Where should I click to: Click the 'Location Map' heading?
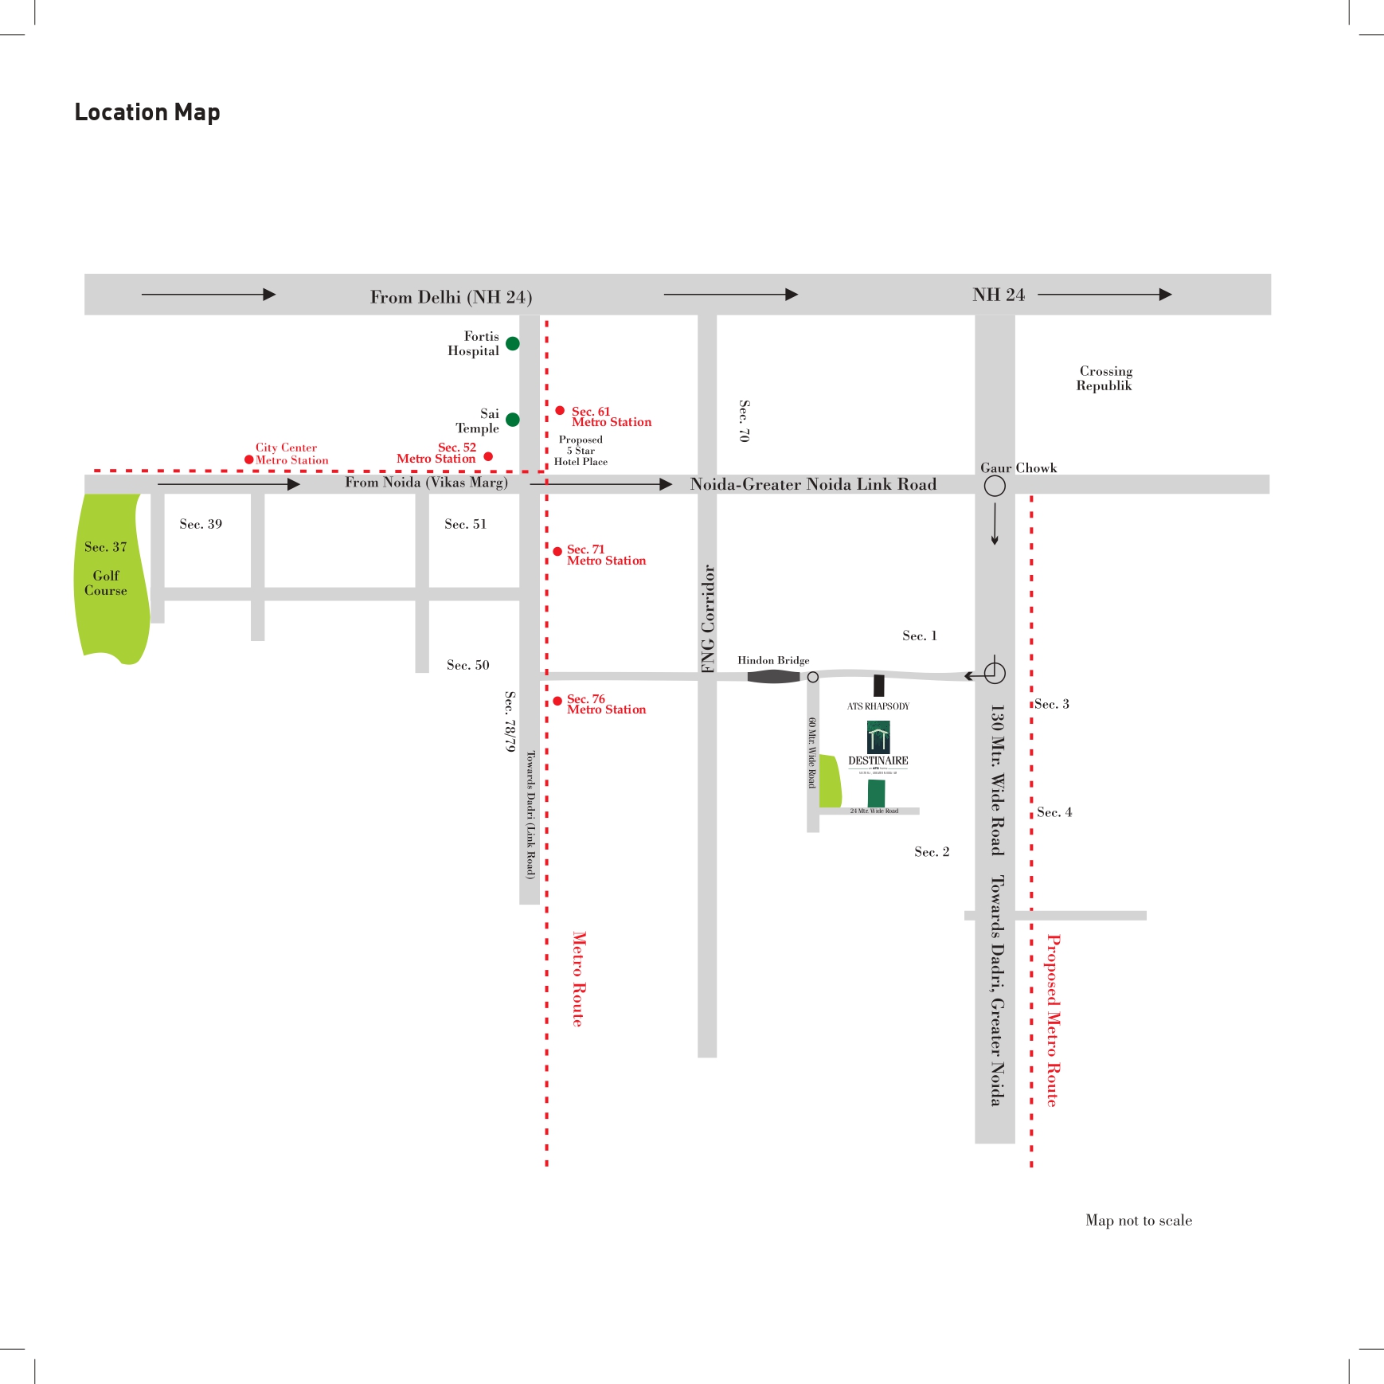[x=147, y=112]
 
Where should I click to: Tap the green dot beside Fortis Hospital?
[x=513, y=343]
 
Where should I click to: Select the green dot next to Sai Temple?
[x=513, y=420]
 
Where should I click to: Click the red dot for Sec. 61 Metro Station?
[x=561, y=411]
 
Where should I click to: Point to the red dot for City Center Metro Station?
[x=249, y=459]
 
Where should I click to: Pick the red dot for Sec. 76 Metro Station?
[x=557, y=701]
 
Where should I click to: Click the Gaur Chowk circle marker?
[x=995, y=486]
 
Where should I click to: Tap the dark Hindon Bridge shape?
[x=773, y=676]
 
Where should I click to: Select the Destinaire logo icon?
[x=878, y=737]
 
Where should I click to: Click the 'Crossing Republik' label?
[x=1104, y=378]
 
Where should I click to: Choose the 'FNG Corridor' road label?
[x=708, y=619]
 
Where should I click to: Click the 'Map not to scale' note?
[x=1138, y=1220]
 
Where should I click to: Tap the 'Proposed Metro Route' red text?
[x=1053, y=1020]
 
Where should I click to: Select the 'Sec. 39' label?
[x=201, y=524]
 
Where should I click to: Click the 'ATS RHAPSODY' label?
[x=878, y=706]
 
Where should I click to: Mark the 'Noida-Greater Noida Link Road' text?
[x=813, y=484]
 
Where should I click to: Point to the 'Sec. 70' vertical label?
[x=744, y=421]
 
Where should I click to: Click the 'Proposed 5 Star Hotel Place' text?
[x=581, y=451]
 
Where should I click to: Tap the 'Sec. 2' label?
[x=932, y=852]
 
